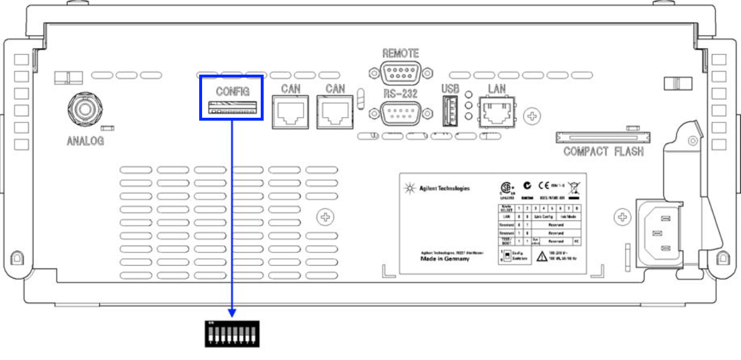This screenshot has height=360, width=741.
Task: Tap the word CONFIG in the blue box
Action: (233, 92)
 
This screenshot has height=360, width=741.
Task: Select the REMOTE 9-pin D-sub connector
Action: (400, 73)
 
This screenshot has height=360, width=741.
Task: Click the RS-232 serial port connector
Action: (400, 113)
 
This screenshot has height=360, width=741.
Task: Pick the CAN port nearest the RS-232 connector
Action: (335, 112)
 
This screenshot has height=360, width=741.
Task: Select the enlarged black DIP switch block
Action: (232, 334)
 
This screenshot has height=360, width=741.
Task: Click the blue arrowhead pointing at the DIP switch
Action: (232, 313)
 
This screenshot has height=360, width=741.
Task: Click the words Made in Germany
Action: (445, 259)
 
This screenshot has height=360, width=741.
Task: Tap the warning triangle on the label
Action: (542, 256)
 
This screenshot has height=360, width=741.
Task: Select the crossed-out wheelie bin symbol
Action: (575, 187)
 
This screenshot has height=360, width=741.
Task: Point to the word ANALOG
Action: (85, 141)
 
